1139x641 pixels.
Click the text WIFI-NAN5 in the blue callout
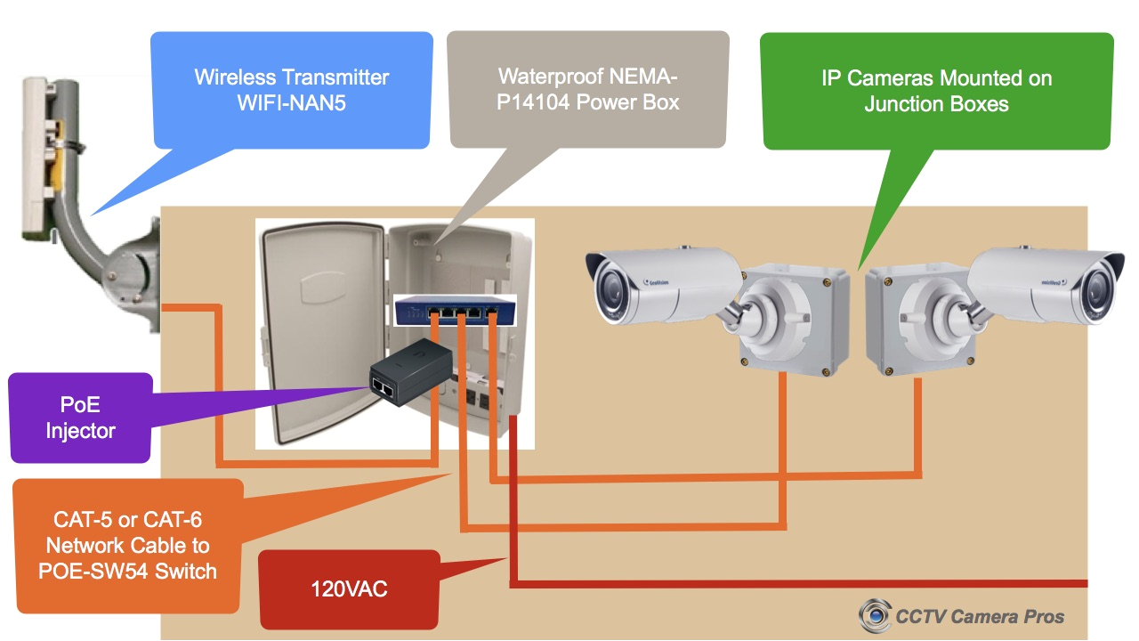pos(291,102)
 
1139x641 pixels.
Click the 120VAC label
pos(349,588)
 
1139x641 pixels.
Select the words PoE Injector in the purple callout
pos(80,418)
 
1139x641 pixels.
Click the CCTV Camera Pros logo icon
pos(875,614)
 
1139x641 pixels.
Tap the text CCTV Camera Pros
pos(980,616)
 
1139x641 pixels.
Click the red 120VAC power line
pos(801,584)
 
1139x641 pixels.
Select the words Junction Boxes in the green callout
pos(936,104)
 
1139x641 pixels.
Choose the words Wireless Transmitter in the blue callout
pos(292,77)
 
